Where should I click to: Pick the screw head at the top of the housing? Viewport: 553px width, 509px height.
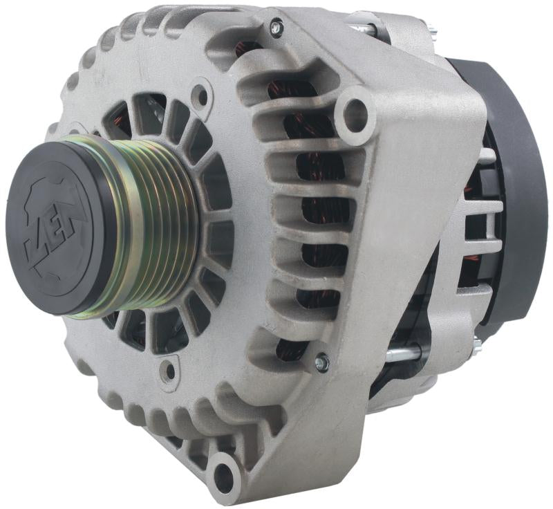[276, 28]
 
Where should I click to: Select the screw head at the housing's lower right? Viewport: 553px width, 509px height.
[321, 360]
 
